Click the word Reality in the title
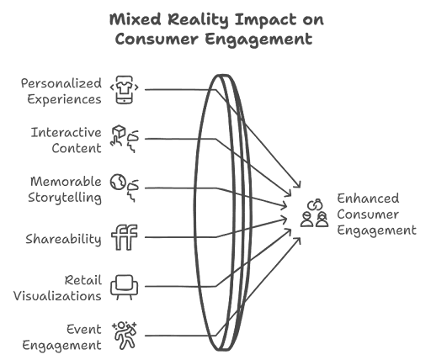tap(198, 20)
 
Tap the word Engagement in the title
tap(258, 40)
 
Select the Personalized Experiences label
tap(61, 92)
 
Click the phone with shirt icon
tap(125, 90)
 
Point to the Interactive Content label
tap(67, 140)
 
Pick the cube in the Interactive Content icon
tap(119, 131)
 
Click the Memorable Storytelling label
tap(65, 189)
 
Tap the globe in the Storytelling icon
tap(118, 182)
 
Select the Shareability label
tap(63, 239)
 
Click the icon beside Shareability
tap(125, 237)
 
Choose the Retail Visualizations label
tap(57, 289)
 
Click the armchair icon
tap(124, 287)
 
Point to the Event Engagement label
tap(61, 337)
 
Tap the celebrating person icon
tap(125, 336)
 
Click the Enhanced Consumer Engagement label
tap(376, 214)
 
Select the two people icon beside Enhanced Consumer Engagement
tap(315, 213)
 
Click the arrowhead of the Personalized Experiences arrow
tap(298, 184)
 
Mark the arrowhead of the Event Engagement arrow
tap(298, 241)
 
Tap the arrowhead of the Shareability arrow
tap(285, 220)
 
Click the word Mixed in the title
tap(136, 19)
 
